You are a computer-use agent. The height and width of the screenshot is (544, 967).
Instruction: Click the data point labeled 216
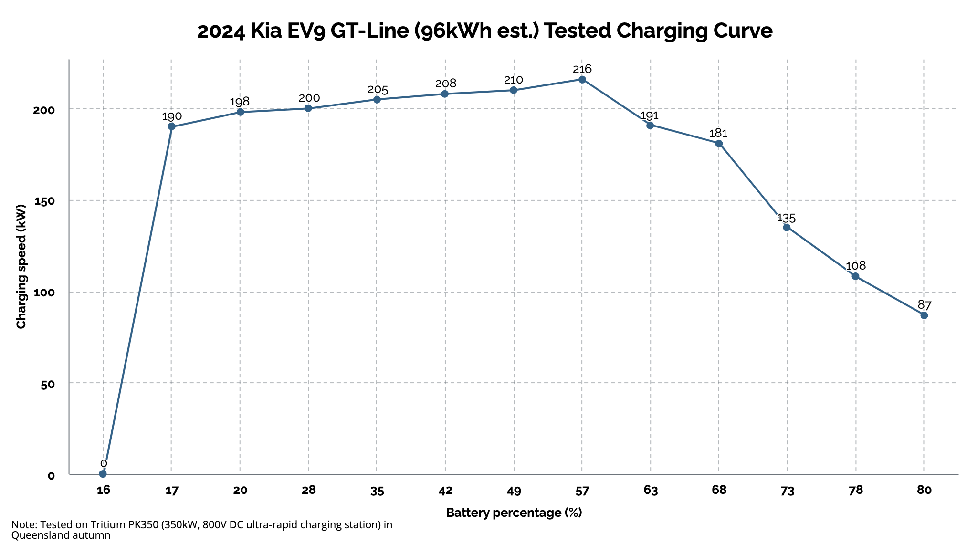click(x=582, y=79)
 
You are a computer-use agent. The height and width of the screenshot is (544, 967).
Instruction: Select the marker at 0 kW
click(x=103, y=473)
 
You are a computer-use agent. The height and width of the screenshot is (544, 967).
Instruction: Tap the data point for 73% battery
click(x=787, y=227)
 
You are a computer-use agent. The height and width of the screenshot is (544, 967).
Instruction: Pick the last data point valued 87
click(x=924, y=315)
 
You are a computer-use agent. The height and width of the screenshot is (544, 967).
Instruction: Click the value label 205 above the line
click(x=377, y=90)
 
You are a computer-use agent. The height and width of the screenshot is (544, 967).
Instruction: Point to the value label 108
click(x=855, y=266)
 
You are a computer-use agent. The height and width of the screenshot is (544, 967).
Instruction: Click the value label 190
click(x=172, y=116)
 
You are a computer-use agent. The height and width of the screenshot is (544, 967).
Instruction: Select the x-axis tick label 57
click(x=582, y=491)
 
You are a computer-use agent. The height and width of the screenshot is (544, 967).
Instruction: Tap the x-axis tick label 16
click(x=103, y=491)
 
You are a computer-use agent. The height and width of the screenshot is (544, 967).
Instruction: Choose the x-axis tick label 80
click(x=924, y=491)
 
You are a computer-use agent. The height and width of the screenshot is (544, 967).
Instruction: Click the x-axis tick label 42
click(x=445, y=491)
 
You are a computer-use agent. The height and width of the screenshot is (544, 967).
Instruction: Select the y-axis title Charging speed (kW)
click(x=21, y=267)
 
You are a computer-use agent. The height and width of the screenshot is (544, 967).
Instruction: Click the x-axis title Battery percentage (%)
click(x=514, y=513)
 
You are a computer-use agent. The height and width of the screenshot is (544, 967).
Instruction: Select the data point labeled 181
click(x=718, y=143)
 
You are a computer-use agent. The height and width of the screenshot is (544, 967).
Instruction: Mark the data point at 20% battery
click(x=240, y=112)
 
